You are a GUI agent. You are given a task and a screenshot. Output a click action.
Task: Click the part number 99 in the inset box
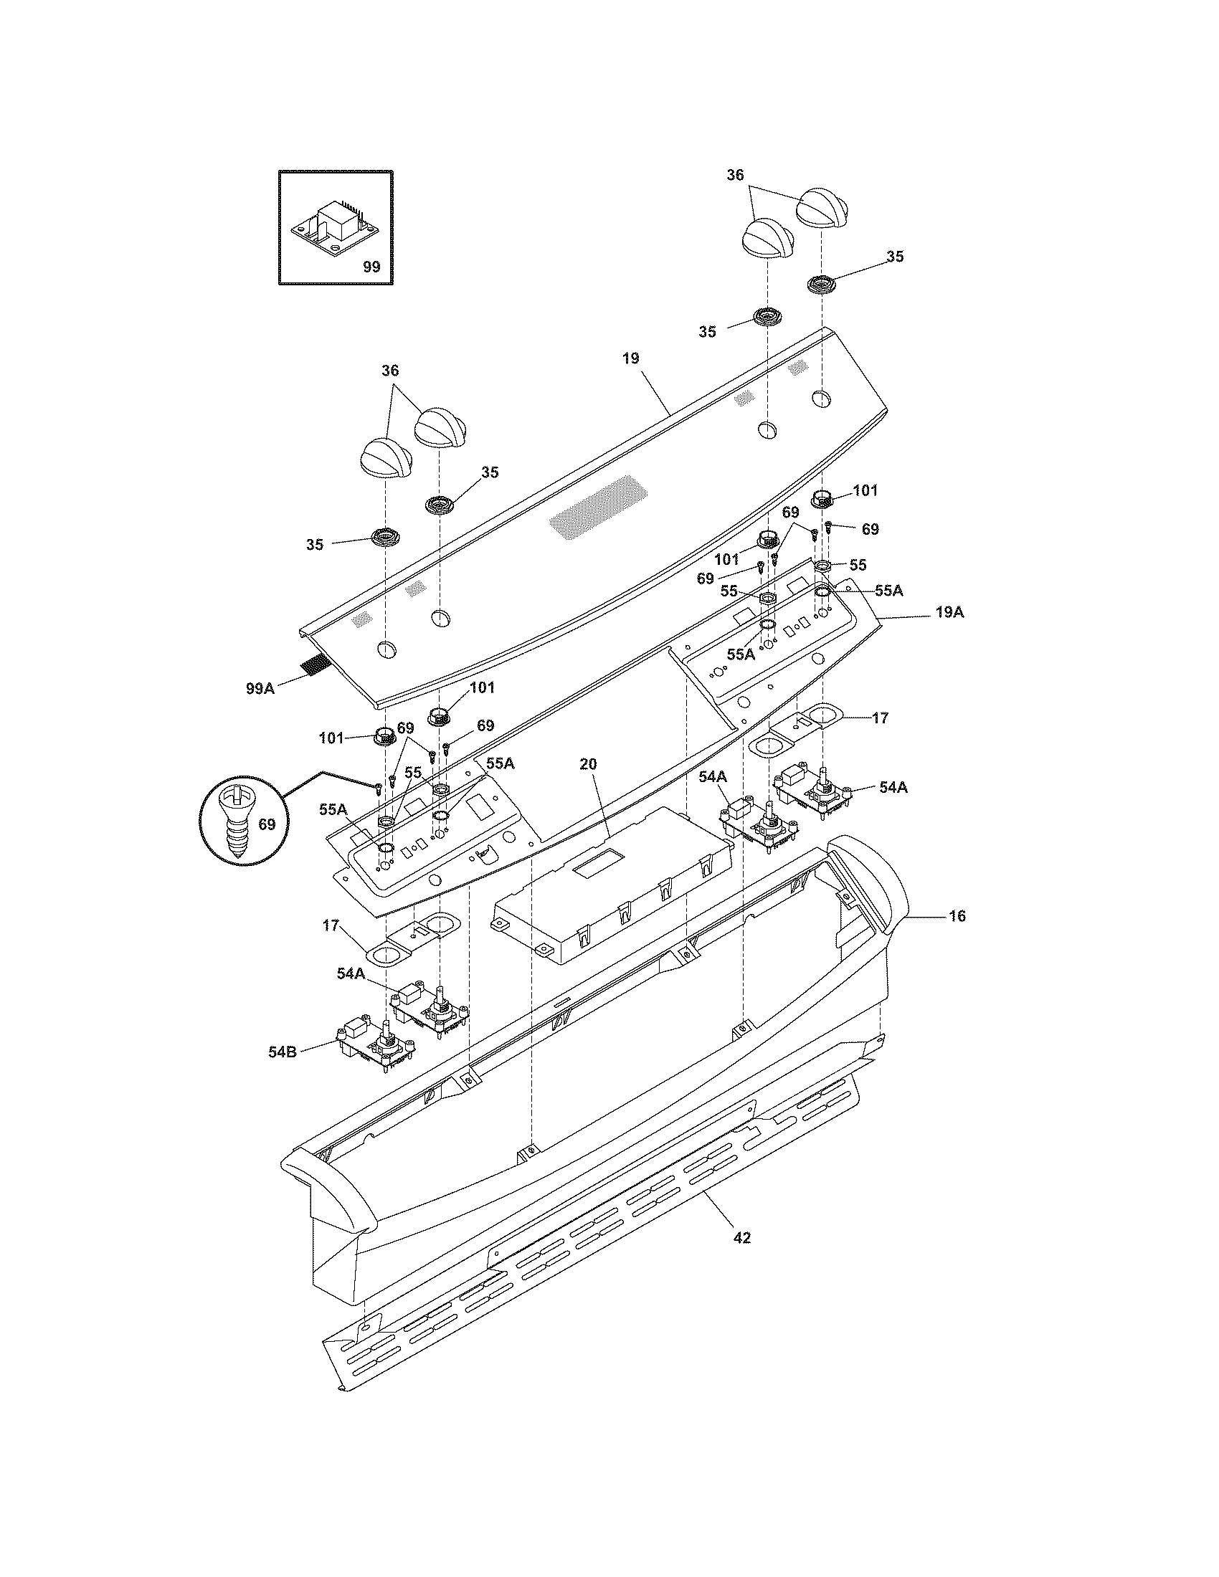pyautogui.click(x=371, y=267)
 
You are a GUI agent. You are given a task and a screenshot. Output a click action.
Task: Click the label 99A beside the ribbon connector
pyautogui.click(x=260, y=688)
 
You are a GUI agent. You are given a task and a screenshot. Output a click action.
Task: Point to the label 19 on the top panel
pyautogui.click(x=630, y=358)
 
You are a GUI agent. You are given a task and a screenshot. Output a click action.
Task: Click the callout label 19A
pyautogui.click(x=949, y=612)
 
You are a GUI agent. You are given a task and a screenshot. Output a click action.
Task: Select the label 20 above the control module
pyautogui.click(x=589, y=764)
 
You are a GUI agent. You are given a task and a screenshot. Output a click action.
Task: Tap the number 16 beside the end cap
pyautogui.click(x=957, y=915)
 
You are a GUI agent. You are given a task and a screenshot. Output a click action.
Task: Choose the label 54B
pyautogui.click(x=283, y=1052)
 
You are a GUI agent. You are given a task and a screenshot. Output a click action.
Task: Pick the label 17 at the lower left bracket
pyautogui.click(x=331, y=925)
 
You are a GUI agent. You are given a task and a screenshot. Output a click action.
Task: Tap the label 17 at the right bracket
pyautogui.click(x=880, y=718)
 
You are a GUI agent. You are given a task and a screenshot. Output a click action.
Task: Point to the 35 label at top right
pyautogui.click(x=895, y=257)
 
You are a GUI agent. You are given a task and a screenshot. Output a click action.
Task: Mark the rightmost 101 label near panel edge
pyautogui.click(x=865, y=490)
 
